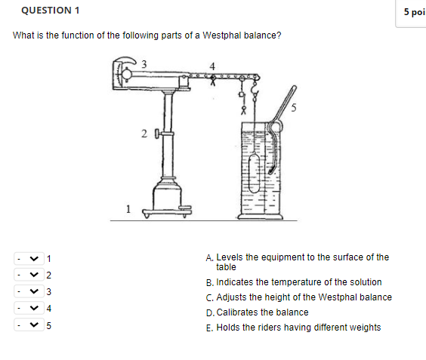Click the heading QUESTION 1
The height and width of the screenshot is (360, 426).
pyautogui.click(x=51, y=11)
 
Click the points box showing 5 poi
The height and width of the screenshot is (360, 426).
pyautogui.click(x=412, y=12)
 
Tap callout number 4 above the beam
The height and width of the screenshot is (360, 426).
pyautogui.click(x=212, y=66)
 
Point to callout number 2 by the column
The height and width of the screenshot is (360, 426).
pyautogui.click(x=144, y=134)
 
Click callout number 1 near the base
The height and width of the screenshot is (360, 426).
pyautogui.click(x=129, y=209)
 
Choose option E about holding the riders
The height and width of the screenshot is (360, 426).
pyautogui.click(x=298, y=328)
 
